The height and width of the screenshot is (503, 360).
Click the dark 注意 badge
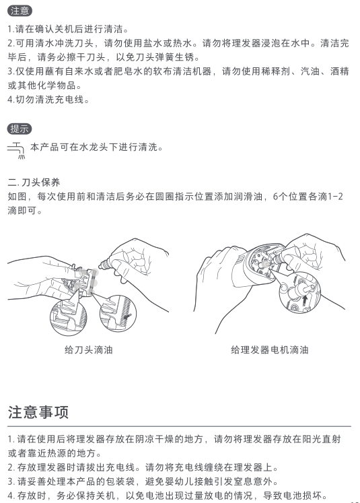[x=20, y=11]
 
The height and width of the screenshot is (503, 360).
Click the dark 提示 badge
[x=20, y=129]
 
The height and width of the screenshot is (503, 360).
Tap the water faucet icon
[x=16, y=150]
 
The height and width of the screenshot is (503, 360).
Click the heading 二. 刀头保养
[x=34, y=182]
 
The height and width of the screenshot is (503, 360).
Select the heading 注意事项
[x=38, y=412]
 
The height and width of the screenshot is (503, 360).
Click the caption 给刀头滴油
[x=88, y=349]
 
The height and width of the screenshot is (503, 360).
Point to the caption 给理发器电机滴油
[x=270, y=349]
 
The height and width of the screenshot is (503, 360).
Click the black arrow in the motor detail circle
[x=305, y=299]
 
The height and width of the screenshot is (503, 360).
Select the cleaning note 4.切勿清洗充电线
[x=48, y=100]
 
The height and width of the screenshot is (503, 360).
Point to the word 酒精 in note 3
[x=339, y=71]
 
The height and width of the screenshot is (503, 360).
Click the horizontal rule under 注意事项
[x=179, y=426]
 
